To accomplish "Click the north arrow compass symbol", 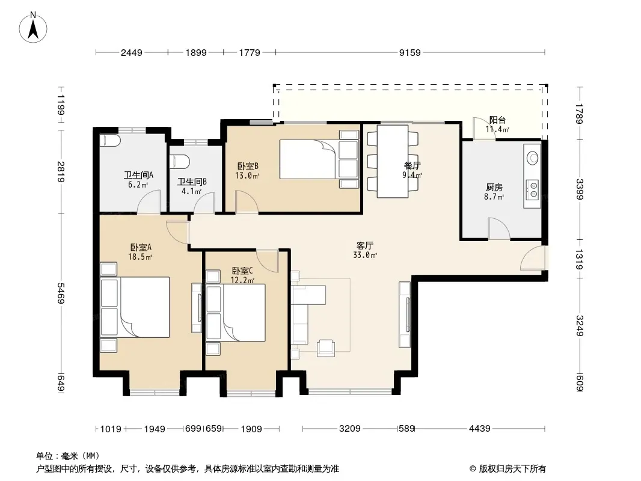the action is coord(33,28).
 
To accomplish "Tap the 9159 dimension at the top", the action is coord(409,52).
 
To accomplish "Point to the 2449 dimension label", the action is coord(132,52).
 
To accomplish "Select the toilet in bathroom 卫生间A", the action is coord(110,140).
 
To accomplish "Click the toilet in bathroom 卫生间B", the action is coord(179,161).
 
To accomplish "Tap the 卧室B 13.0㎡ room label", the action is coord(248,171).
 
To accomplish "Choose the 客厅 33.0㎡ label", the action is coord(364,250).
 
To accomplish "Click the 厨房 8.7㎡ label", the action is coord(494,192).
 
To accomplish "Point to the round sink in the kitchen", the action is coord(532,158).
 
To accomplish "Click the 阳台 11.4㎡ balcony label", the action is coord(497,124).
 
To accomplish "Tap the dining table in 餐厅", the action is coord(393,161).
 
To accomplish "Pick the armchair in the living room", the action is coord(326,348).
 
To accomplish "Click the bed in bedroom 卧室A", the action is coord(135,307).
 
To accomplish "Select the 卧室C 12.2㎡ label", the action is coord(242,275).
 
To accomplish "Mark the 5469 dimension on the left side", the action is coord(61,293).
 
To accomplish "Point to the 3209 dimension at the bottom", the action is coord(350,428).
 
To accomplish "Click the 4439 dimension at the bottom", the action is coord(479,428).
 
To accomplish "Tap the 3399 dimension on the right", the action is coord(579,189).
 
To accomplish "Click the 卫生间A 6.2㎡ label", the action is coord(138,180).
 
